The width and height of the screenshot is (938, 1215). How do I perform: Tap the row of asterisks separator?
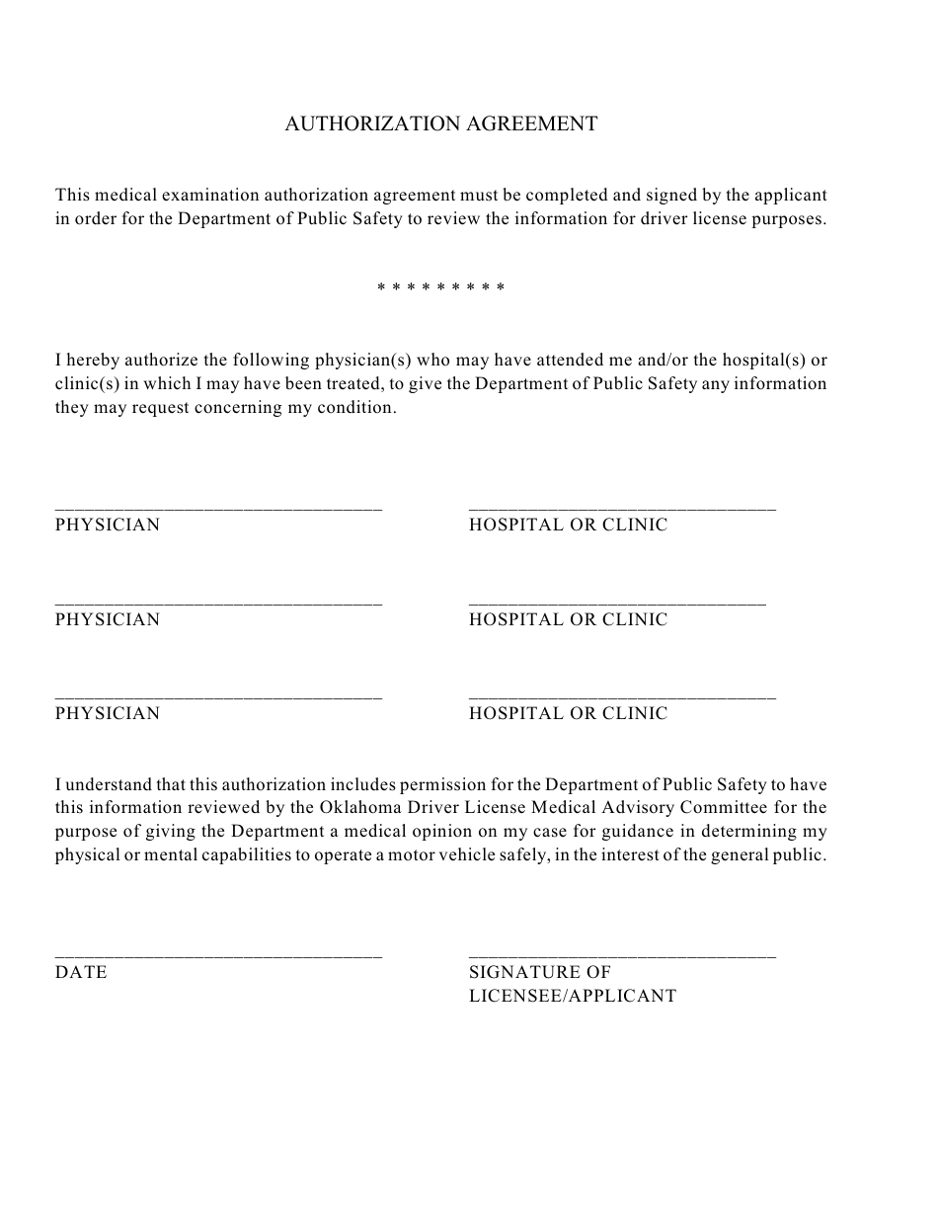pos(441,288)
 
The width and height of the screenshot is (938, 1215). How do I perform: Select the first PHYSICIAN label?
pos(108,526)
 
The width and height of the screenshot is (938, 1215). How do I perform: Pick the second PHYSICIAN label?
pos(108,620)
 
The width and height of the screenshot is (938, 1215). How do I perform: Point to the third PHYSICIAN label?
pos(108,714)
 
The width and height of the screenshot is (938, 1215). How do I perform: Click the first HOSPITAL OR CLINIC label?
pos(568,526)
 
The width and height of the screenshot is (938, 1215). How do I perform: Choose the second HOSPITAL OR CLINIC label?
pos(568,620)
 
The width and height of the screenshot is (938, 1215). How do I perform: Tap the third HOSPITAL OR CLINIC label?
pos(568,714)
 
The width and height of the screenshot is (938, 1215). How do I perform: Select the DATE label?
pos(81,973)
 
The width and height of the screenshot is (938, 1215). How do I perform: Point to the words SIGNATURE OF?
pos(540,973)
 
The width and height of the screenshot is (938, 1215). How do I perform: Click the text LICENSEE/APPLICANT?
pos(573,997)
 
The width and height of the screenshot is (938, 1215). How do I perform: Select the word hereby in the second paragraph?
pos(95,361)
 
